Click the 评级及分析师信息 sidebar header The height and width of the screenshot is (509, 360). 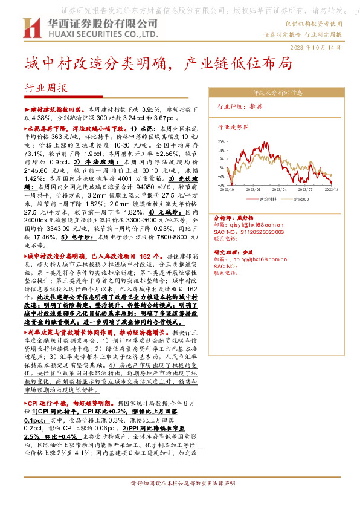coord(277,93)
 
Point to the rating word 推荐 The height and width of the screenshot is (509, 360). coord(256,106)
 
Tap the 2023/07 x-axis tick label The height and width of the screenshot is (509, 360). coord(305,189)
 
